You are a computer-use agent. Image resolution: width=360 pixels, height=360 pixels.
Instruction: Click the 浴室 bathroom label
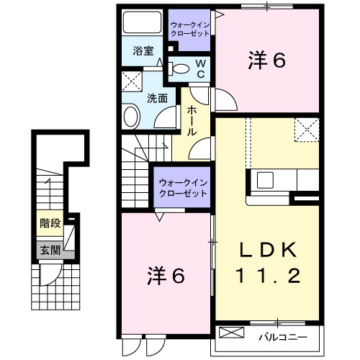point(143,51)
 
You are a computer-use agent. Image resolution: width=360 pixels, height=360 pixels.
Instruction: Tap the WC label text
point(202,69)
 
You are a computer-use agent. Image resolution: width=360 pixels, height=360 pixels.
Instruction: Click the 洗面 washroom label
point(158,98)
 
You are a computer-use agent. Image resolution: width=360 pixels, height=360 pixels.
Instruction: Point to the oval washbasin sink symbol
point(131,115)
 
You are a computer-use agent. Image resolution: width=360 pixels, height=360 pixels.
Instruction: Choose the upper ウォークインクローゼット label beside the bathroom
point(189,30)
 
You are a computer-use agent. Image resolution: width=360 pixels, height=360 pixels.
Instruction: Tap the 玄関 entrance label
point(50,250)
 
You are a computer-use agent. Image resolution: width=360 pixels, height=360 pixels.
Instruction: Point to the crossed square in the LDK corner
point(306,132)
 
